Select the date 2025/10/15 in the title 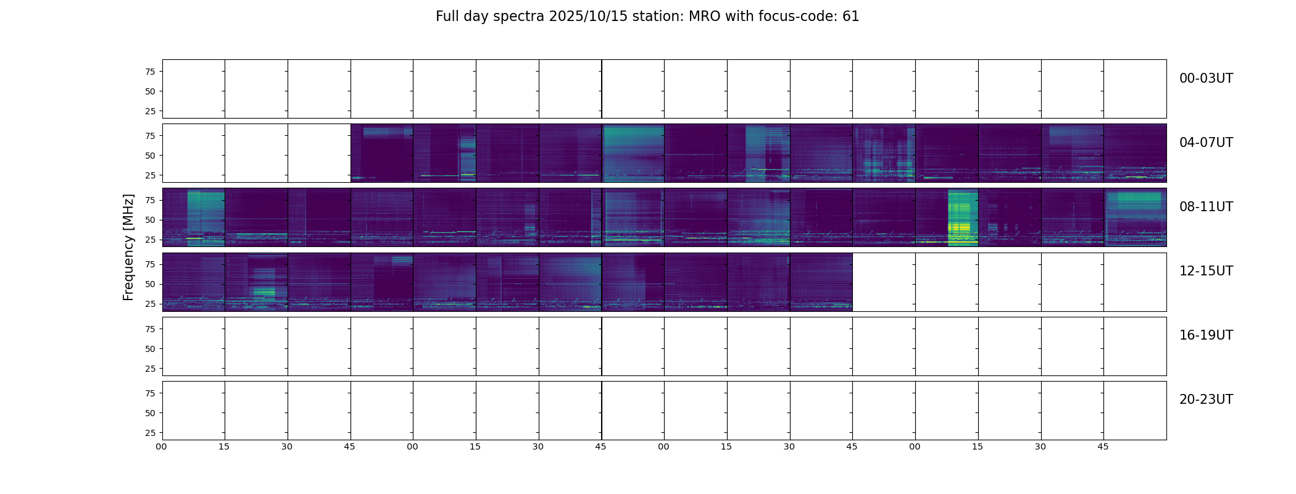[584, 17]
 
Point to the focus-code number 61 [850, 17]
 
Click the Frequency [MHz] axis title [128, 247]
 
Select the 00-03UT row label [1206, 78]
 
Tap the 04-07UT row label [1206, 143]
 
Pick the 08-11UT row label [1206, 207]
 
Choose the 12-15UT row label [1206, 271]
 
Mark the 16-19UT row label [1206, 335]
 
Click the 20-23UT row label [1206, 400]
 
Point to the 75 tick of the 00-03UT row [150, 72]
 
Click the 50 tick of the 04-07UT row [150, 156]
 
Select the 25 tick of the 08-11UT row [150, 240]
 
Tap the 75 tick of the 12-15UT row [150, 264]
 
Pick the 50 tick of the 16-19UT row [150, 349]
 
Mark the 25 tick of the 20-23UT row [150, 433]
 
